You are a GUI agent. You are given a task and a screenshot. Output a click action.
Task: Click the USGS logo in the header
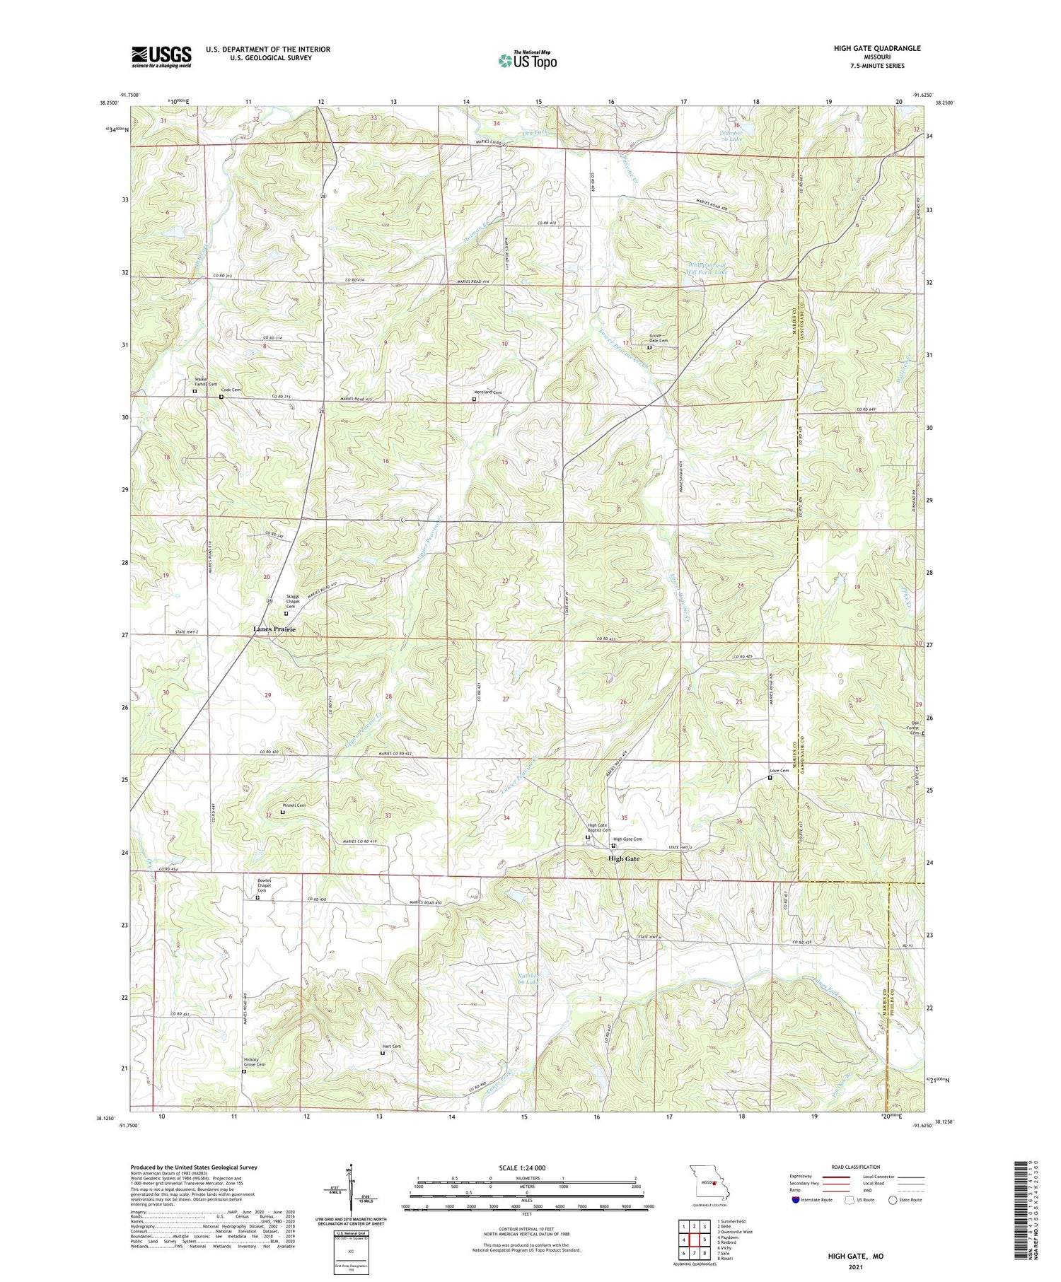(161, 57)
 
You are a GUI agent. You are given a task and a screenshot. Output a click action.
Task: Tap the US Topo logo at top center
(527, 60)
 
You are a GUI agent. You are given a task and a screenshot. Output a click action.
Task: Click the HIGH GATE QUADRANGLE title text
(876, 48)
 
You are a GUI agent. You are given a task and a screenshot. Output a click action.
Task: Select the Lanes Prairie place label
(274, 629)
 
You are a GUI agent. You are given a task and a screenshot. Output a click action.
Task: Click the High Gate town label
(624, 858)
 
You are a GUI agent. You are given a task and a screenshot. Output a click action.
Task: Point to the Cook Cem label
(231, 390)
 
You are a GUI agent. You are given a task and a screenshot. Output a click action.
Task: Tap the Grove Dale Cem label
(659, 338)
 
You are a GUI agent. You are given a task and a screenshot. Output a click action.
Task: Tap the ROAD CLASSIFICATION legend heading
(856, 1167)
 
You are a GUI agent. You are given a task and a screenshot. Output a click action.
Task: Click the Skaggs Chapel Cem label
(292, 601)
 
